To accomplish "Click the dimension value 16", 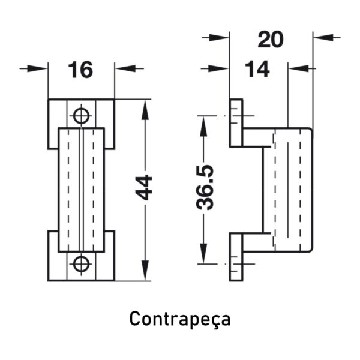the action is (x=80, y=70).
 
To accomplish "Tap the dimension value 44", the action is (x=144, y=187).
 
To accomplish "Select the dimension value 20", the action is (x=271, y=40).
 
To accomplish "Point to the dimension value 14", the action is (x=257, y=70).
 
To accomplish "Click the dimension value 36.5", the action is (x=205, y=187).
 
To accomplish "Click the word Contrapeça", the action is (x=180, y=319).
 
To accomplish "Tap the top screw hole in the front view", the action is (x=81, y=115).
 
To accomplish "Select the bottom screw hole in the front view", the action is (x=81, y=264).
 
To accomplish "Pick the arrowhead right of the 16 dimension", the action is (x=125, y=68).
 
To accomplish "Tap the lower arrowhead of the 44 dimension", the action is (x=145, y=271).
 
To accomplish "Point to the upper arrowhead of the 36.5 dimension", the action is (x=203, y=126).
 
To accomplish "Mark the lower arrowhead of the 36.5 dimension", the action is (x=203, y=253).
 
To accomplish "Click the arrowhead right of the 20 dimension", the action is (x=323, y=37).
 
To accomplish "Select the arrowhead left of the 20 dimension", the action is (x=219, y=37).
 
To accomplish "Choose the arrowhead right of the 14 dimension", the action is (x=298, y=68).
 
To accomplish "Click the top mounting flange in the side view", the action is (x=236, y=123).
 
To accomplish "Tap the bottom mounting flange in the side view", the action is (x=236, y=257).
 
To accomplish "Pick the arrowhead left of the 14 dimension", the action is (x=219, y=68).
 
